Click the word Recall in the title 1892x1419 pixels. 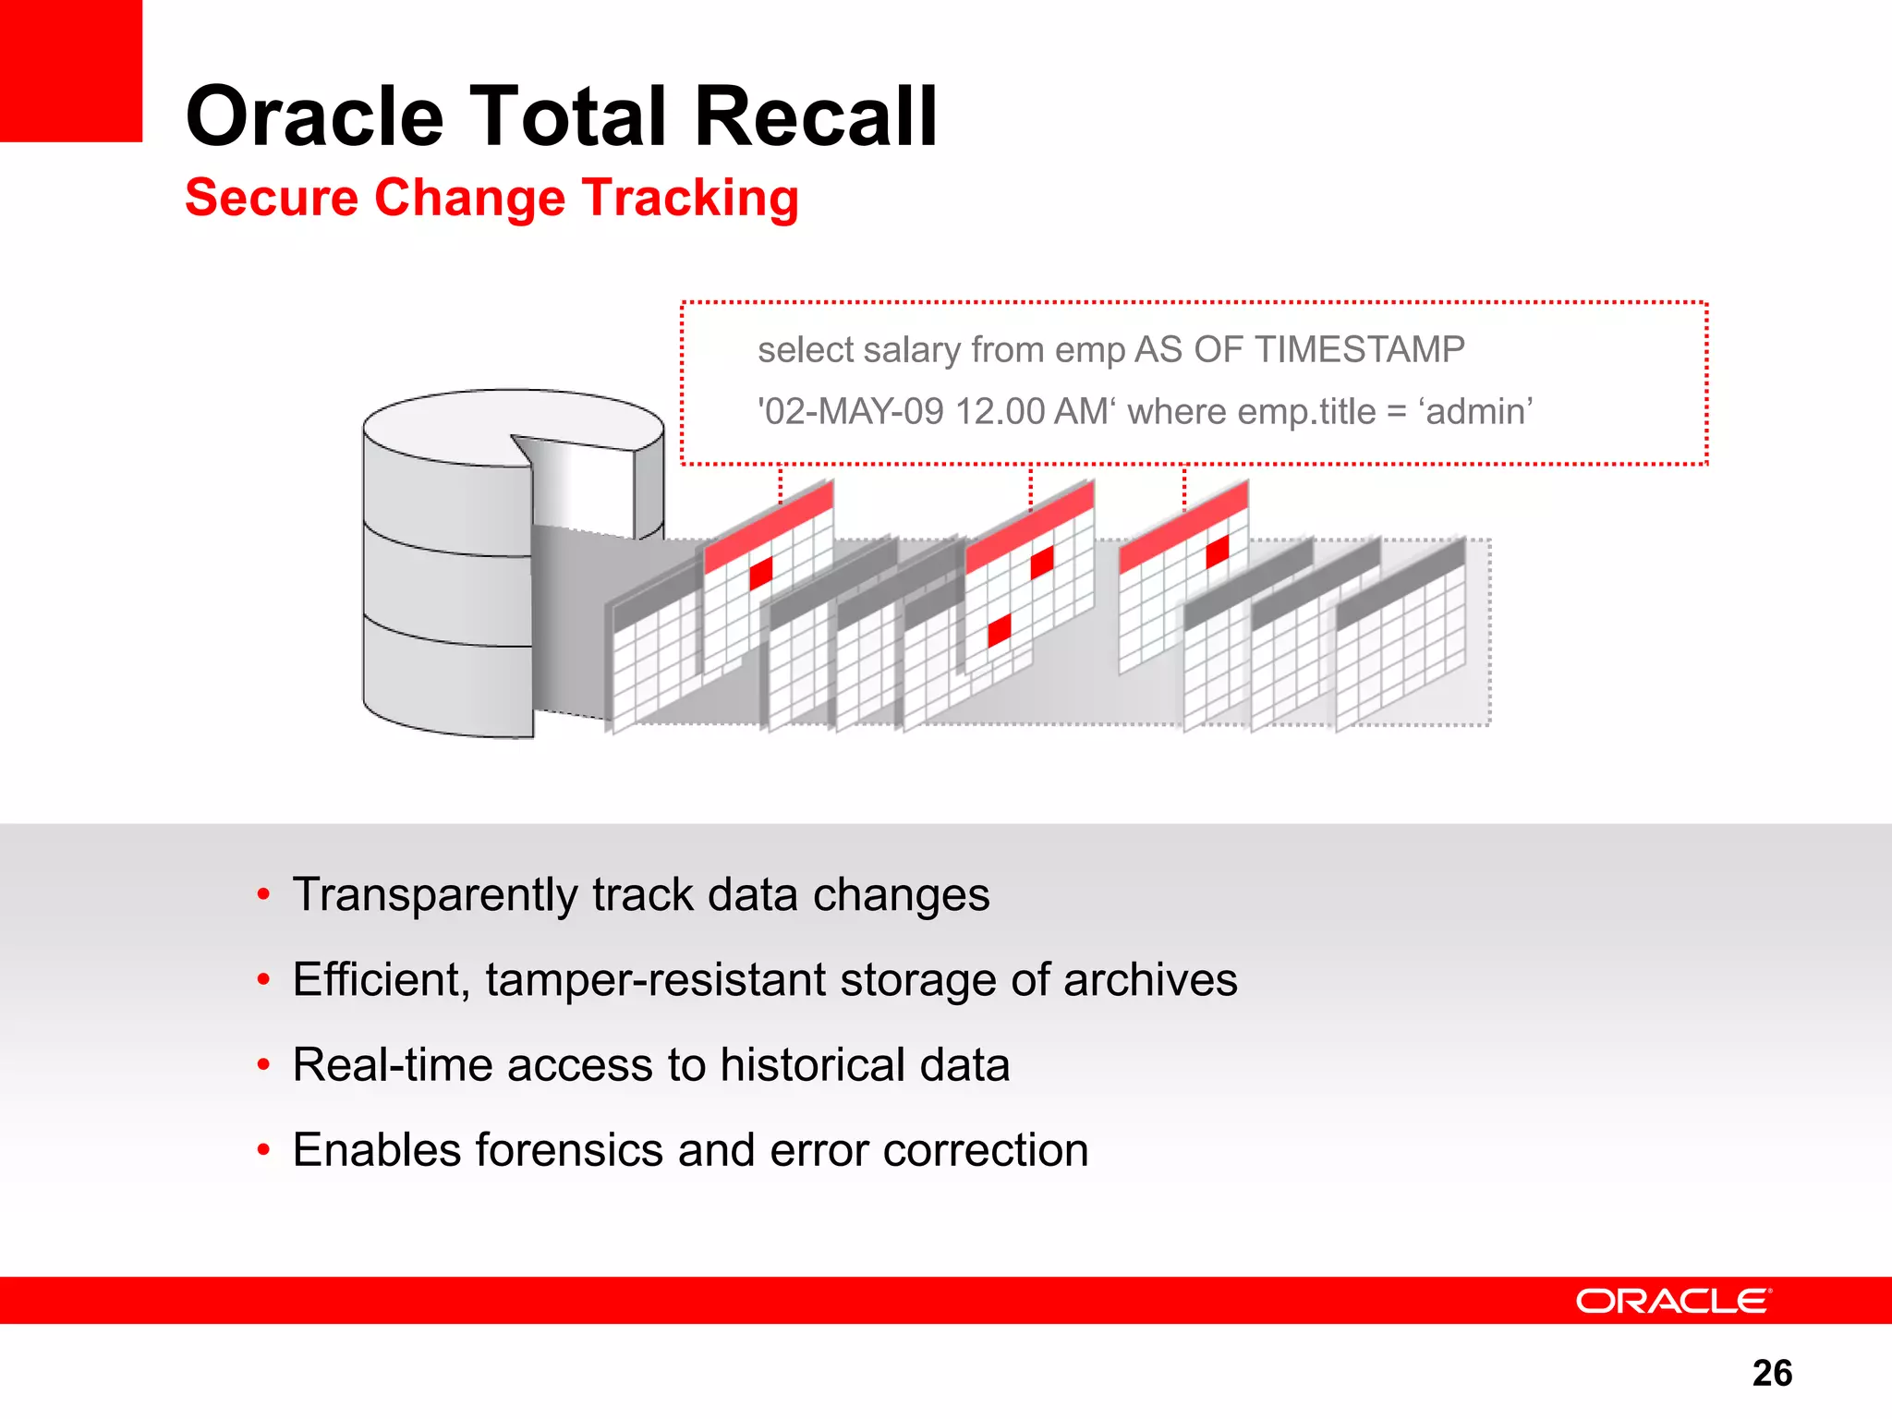click(816, 116)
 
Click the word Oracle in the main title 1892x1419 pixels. click(315, 116)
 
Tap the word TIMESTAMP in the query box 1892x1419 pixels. click(1359, 350)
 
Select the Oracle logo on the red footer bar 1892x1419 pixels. click(1673, 1301)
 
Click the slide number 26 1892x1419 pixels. click(1771, 1373)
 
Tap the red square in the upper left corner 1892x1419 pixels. click(70, 70)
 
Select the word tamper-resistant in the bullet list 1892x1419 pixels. click(655, 980)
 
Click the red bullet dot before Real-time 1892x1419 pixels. click(264, 1066)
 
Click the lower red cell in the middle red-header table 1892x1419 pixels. click(1000, 630)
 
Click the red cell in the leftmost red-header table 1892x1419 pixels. click(761, 573)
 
